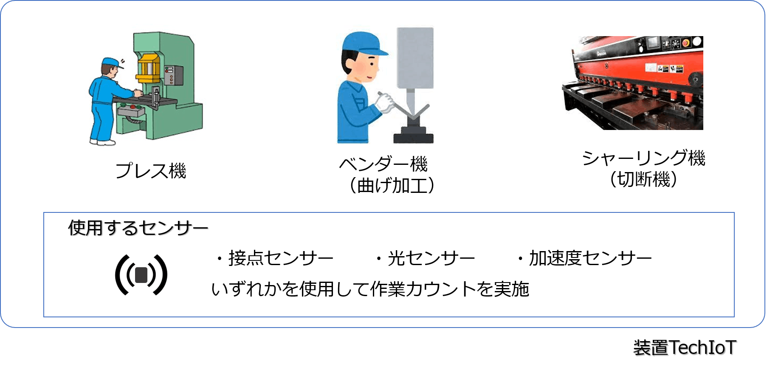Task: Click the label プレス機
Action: [x=151, y=171]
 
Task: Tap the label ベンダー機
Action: [x=383, y=164]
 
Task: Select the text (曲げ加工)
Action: [x=392, y=185]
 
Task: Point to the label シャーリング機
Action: [x=643, y=158]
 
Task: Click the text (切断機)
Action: [x=643, y=179]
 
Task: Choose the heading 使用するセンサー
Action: [x=138, y=228]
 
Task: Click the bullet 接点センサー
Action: [x=275, y=258]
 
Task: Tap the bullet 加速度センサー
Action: [x=584, y=258]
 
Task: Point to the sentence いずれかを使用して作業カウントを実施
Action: [x=370, y=289]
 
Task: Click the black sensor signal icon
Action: [x=141, y=275]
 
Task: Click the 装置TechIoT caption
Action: [x=685, y=348]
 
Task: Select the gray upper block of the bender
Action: [x=415, y=58]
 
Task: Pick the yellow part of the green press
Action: [x=148, y=68]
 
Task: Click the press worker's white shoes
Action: [x=102, y=142]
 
